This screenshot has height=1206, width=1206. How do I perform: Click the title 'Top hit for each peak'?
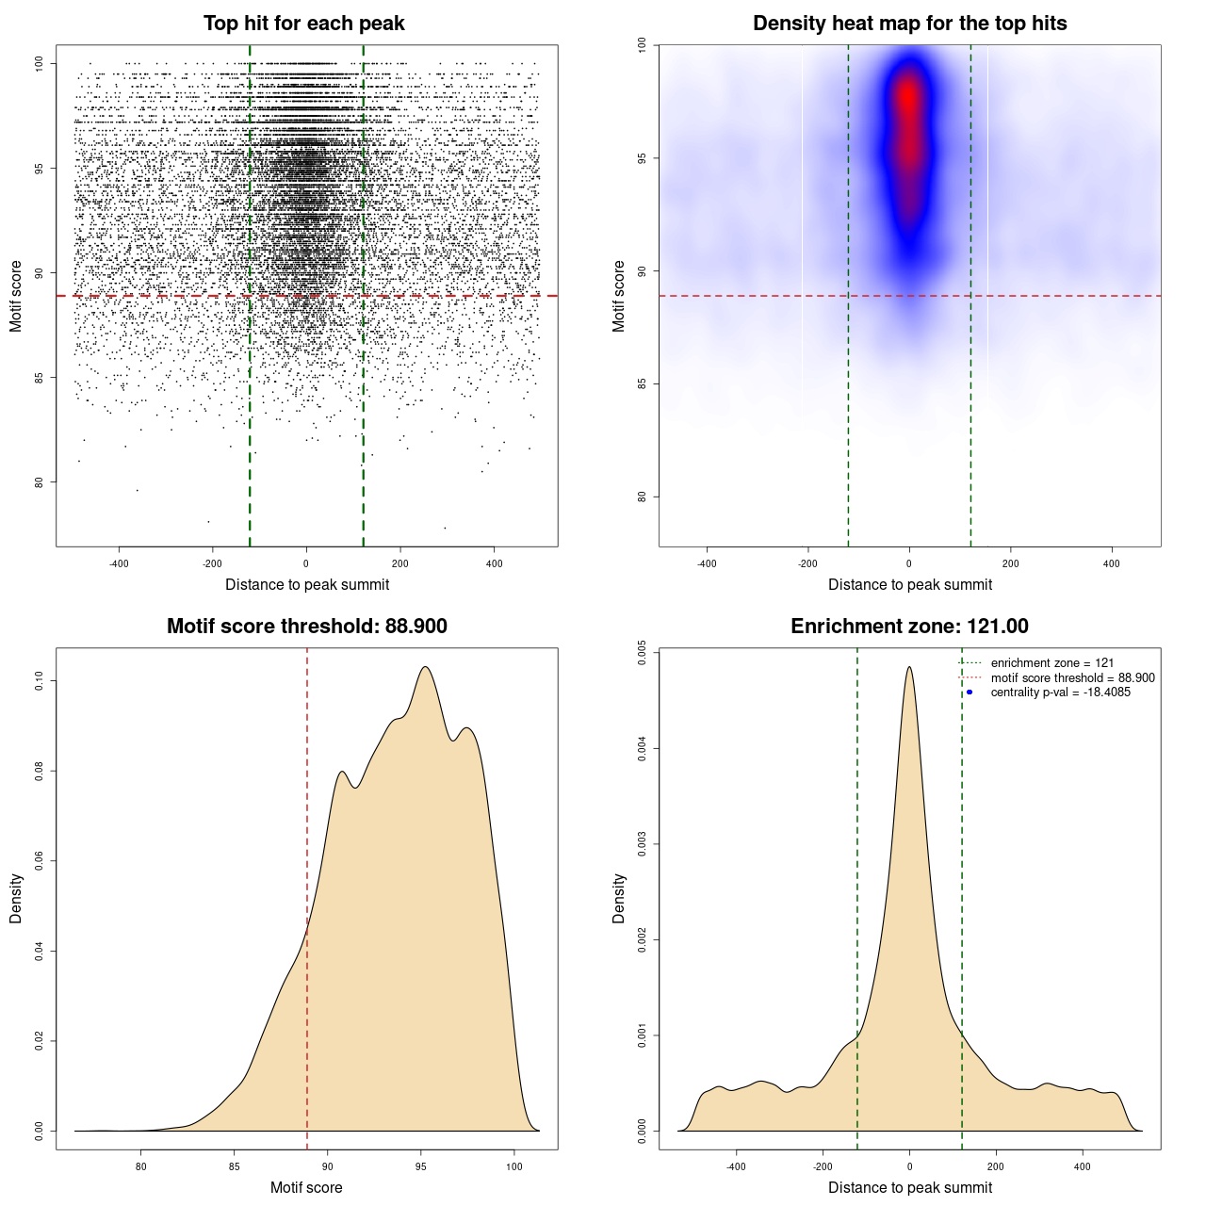[x=303, y=24]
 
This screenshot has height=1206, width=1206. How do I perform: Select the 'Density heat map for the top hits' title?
[x=909, y=24]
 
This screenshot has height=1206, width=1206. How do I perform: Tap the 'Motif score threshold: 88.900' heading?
[x=306, y=627]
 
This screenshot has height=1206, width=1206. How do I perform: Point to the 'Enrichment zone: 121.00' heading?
[x=909, y=627]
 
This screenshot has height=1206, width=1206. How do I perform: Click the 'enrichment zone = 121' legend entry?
[x=1051, y=663]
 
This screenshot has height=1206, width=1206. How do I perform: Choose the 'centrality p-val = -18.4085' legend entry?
[x=1060, y=693]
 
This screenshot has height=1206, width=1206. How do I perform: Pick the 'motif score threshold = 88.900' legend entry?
[x=1072, y=678]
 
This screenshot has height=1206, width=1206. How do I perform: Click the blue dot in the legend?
[x=970, y=693]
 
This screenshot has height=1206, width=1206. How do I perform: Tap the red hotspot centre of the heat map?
[x=907, y=96]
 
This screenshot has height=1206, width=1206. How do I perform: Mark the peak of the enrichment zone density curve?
[x=909, y=667]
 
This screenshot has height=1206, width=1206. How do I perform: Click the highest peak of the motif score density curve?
[x=426, y=667]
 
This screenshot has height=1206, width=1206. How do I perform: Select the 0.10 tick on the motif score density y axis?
[x=39, y=681]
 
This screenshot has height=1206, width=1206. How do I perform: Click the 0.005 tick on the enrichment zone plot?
[x=642, y=654]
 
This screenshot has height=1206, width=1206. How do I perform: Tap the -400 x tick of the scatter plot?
[x=119, y=563]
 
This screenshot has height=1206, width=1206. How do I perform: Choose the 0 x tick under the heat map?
[x=909, y=563]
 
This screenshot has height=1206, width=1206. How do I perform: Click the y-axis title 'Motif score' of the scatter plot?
[x=16, y=296]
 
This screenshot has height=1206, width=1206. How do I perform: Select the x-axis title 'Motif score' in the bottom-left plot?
[x=306, y=1187]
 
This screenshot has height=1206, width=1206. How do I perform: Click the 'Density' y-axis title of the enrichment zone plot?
[x=619, y=898]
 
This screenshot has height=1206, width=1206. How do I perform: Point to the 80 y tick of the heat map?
[x=642, y=497]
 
